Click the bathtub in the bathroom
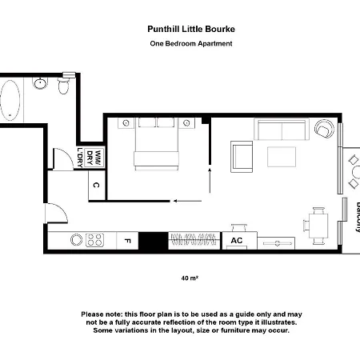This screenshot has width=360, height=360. (10, 100)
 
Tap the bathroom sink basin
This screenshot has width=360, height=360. (40, 83)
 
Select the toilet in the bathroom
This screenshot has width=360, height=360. (63, 85)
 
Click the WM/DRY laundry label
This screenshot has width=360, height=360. (94, 158)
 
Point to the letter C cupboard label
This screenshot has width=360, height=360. (96, 185)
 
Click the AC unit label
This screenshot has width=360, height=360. (237, 241)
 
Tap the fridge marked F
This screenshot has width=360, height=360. (127, 241)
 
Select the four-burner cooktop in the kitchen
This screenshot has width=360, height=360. (94, 240)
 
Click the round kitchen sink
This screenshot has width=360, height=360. (76, 240)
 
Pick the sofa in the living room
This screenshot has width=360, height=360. (282, 129)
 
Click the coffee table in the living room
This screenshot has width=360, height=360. (282, 157)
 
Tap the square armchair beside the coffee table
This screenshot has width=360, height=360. (242, 157)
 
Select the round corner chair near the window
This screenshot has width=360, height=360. (324, 129)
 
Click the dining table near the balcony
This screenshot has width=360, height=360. (318, 226)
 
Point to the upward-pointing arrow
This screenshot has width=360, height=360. (210, 180)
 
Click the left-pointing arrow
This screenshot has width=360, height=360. (187, 201)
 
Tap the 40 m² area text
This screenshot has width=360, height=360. (190, 278)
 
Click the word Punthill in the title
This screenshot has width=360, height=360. (163, 29)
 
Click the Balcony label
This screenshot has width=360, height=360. (358, 218)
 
